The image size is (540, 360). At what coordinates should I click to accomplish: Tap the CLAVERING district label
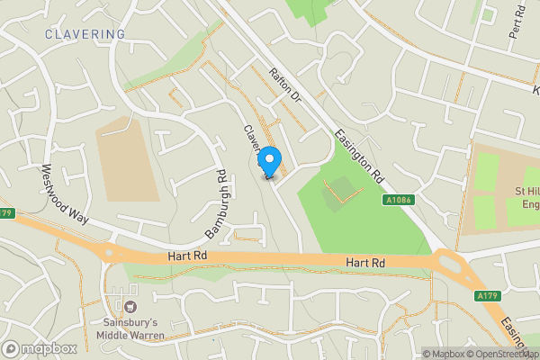[x=85, y=34]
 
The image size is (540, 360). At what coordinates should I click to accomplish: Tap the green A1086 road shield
[x=398, y=200]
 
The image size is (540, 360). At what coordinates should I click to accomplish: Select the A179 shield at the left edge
[x=7, y=213]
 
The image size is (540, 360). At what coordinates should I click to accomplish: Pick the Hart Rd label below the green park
[x=366, y=263]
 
